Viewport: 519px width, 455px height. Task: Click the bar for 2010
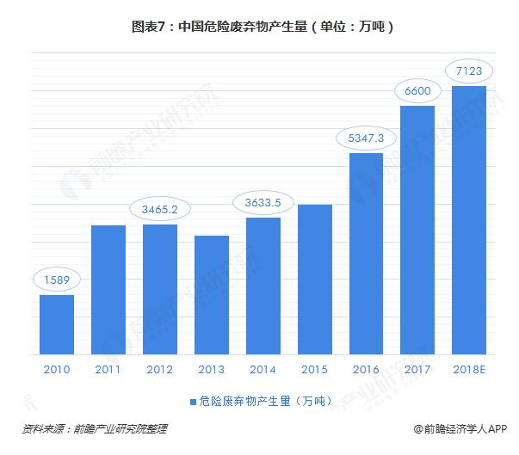[57, 324]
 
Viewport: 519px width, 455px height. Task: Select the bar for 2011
[108, 289]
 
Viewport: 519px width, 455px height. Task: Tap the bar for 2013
[212, 294]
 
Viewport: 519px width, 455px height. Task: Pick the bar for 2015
[315, 279]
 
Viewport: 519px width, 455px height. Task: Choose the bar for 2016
[367, 253]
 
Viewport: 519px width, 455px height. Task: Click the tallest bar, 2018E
[469, 219]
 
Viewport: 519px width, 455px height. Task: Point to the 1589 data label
[57, 279]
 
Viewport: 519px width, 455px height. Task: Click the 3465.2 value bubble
[160, 208]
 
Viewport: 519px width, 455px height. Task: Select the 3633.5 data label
[263, 203]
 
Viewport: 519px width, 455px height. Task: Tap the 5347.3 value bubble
[367, 137]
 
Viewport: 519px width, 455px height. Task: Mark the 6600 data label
[417, 90]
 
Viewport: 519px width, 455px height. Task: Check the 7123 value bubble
[469, 68]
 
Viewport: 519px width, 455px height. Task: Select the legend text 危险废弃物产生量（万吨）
[263, 400]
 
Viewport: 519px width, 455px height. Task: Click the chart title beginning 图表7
[258, 26]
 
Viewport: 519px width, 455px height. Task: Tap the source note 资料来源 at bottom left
[95, 428]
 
